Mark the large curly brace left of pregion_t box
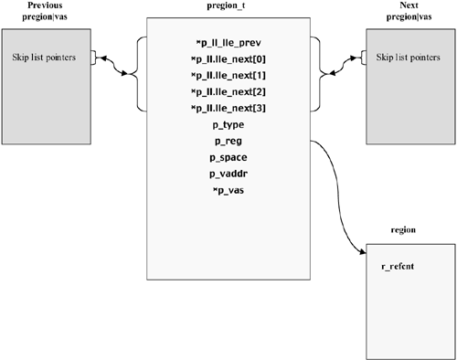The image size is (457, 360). coord(139,72)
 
